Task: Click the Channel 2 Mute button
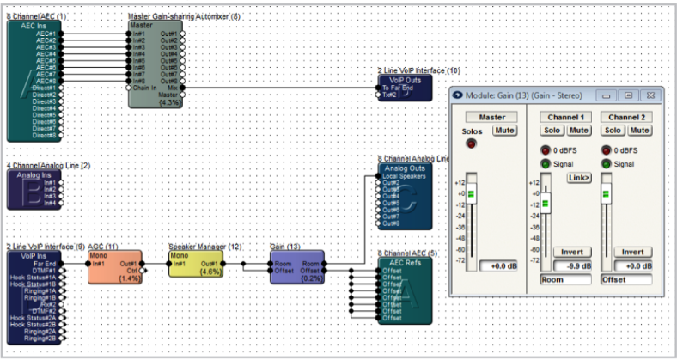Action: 639,131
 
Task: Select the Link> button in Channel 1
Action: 579,177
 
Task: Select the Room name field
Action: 567,279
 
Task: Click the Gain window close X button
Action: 650,95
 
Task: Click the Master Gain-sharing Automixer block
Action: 155,64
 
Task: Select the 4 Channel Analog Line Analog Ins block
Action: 34,189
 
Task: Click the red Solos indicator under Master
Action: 471,143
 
